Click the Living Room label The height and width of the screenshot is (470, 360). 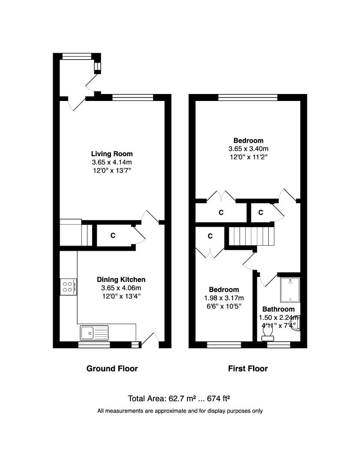point(112,154)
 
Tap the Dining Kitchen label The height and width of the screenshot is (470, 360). point(121,279)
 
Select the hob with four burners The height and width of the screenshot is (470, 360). point(68,286)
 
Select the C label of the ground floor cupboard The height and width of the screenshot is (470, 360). point(113,235)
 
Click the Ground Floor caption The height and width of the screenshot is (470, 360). point(112,369)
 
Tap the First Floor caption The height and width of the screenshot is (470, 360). point(248,369)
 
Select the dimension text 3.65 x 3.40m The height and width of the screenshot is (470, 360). point(248,148)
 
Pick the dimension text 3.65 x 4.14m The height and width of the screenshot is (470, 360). point(112,162)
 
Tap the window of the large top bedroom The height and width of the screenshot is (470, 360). point(248,97)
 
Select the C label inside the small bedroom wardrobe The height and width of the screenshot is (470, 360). point(210,236)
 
